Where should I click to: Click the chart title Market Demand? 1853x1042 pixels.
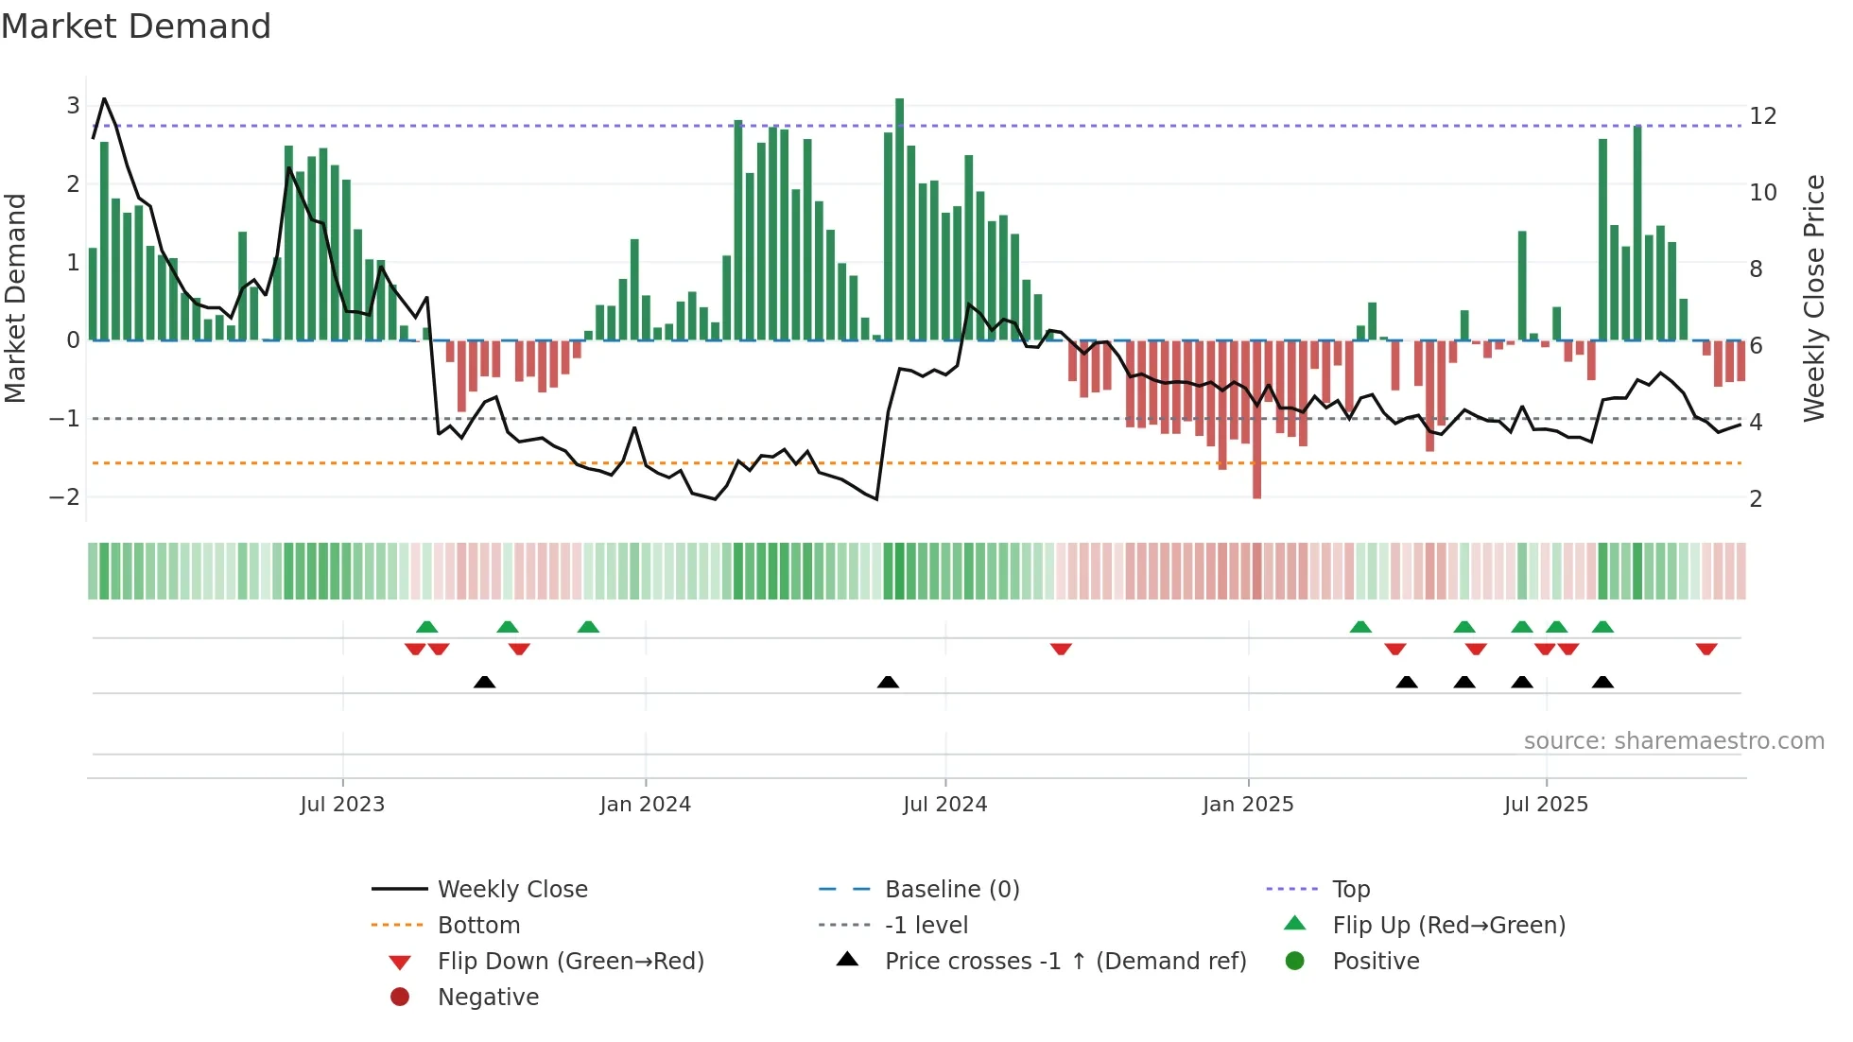click(136, 26)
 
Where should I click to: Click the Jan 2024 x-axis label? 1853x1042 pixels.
click(645, 805)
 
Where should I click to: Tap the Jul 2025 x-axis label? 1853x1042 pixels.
click(1546, 805)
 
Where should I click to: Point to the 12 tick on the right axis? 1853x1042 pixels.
click(1762, 116)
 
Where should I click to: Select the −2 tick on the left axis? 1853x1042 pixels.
click(64, 497)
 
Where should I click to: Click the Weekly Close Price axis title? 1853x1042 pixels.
click(1813, 298)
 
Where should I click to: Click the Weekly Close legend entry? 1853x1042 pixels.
click(511, 890)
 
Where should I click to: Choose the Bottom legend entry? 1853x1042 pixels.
click(478, 926)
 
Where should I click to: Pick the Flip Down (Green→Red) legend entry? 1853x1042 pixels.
click(570, 962)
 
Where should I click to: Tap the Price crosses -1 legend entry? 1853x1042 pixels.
click(1065, 962)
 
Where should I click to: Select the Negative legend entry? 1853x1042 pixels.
click(488, 998)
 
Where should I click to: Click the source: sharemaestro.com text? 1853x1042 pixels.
click(1673, 741)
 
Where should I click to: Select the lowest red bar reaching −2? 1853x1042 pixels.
click(1256, 420)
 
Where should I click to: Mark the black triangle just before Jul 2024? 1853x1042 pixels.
click(888, 683)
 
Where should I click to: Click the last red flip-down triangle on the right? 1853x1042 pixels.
click(1706, 650)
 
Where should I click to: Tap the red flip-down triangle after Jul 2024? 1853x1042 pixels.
click(1061, 650)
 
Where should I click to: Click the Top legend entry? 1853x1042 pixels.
click(1351, 890)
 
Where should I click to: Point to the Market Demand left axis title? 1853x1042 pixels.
click(15, 298)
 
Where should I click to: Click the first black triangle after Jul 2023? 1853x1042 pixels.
click(484, 683)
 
